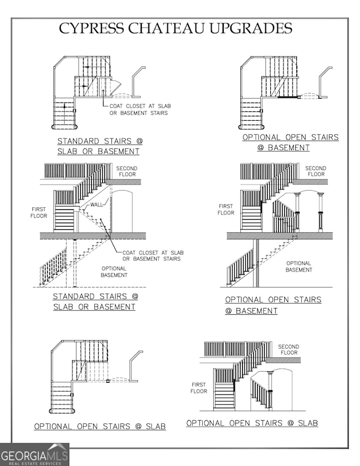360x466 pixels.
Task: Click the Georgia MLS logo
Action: [34, 454]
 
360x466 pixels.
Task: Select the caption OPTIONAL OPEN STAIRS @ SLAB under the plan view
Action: [100, 427]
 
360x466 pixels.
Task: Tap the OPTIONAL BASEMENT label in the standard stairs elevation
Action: [115, 272]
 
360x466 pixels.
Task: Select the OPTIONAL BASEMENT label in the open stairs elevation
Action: [299, 267]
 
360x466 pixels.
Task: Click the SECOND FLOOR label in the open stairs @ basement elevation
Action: [316, 171]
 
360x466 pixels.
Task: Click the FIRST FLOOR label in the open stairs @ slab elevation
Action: [199, 388]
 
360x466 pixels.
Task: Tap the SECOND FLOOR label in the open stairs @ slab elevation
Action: [289, 350]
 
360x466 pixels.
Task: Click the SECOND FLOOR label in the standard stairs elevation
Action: [127, 171]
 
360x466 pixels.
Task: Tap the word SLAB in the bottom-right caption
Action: [307, 423]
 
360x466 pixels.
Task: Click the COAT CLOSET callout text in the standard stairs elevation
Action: [152, 255]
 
